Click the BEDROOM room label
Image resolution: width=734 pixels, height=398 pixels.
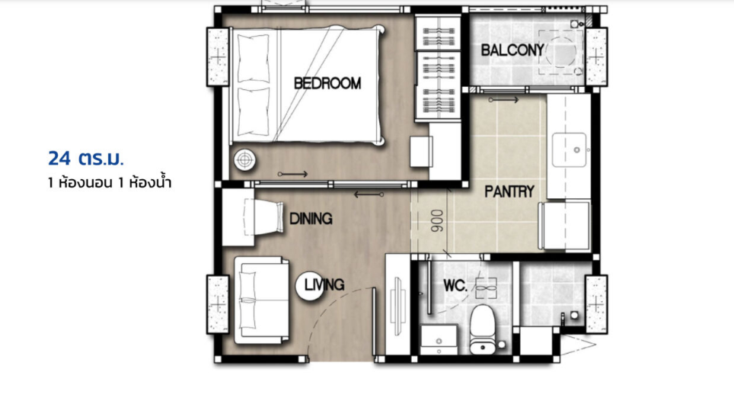click(327, 83)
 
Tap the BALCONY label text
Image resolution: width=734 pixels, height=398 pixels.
click(512, 50)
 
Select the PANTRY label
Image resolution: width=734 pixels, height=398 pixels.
click(509, 191)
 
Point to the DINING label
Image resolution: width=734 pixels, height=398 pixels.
click(311, 219)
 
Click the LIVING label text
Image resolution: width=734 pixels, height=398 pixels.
click(324, 284)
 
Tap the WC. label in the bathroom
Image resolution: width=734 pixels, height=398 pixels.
click(455, 285)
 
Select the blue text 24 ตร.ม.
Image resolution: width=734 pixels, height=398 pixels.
click(86, 159)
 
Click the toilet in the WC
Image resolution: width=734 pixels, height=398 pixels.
click(483, 330)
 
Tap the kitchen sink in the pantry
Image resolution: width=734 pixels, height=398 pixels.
click(569, 150)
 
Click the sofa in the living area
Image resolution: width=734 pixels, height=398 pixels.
click(262, 300)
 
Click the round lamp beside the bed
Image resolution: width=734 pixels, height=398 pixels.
click(245, 160)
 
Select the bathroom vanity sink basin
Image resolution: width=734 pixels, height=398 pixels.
click(439, 339)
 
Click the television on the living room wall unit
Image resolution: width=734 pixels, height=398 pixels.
click(398, 307)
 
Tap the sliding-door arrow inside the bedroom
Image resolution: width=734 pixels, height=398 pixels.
click(292, 175)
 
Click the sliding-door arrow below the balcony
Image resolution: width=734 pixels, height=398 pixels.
click(504, 100)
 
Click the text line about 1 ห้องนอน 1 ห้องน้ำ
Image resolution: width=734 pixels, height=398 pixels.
click(110, 182)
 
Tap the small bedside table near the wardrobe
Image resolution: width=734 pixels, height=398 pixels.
click(421, 152)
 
